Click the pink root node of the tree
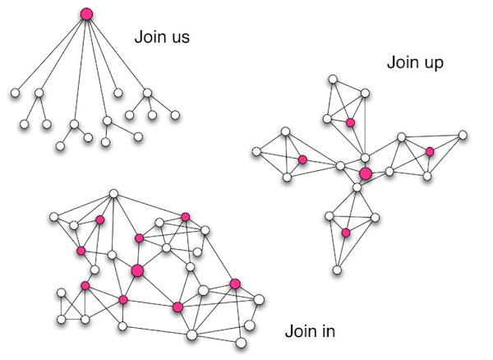tap(86, 14)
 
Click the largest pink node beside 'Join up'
tap(366, 173)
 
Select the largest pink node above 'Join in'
tap(137, 270)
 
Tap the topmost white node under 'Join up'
tap(334, 80)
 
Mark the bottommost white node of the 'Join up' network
tap(337, 269)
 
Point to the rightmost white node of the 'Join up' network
tap(463, 134)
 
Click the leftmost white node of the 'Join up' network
tap(256, 151)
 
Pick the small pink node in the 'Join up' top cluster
tap(350, 122)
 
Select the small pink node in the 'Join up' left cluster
tap(302, 159)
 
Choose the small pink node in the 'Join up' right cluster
tap(429, 151)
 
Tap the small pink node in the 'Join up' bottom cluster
tap(346, 233)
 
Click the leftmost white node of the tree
tap(15, 94)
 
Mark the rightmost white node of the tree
tap(175, 115)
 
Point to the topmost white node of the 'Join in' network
tap(114, 194)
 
